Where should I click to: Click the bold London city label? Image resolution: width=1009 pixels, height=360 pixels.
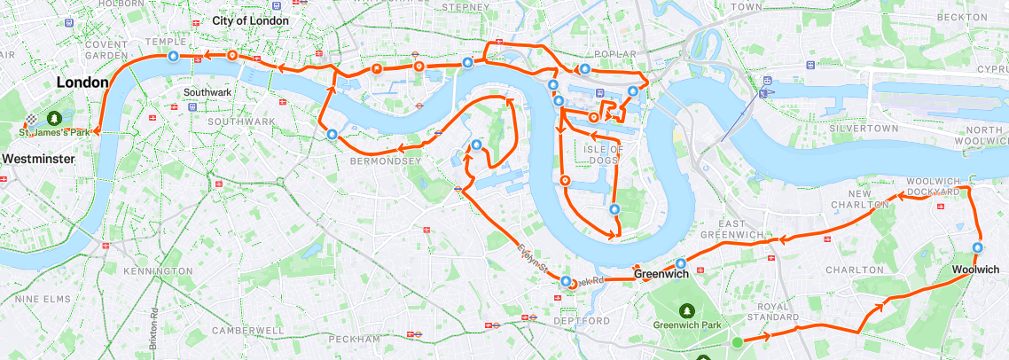(82, 82)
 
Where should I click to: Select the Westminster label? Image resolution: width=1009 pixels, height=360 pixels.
(37, 159)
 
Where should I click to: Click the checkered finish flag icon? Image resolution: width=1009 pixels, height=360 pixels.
(32, 118)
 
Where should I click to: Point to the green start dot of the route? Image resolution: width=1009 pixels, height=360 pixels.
(737, 341)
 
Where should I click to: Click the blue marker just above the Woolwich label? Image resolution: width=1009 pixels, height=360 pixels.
(978, 248)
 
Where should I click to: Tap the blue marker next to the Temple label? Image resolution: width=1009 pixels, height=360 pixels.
(173, 56)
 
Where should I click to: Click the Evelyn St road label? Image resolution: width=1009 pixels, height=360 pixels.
(535, 258)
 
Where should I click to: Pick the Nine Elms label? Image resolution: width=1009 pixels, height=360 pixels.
(43, 300)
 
